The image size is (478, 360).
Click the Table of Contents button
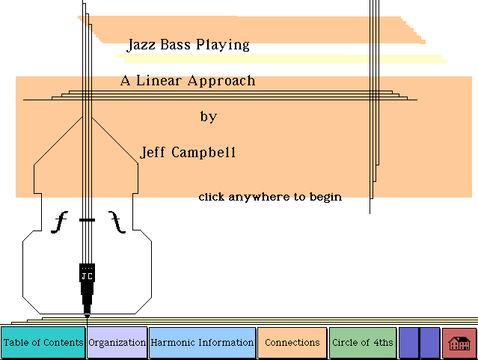[43, 343]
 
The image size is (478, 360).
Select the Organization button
[117, 343]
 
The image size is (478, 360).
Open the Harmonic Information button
[202, 343]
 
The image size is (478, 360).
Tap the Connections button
[292, 343]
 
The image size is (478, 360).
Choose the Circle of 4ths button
[362, 343]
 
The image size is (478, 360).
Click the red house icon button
[459, 343]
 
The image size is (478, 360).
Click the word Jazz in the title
[140, 45]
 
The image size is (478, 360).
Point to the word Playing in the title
[222, 45]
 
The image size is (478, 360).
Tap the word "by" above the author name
[208, 117]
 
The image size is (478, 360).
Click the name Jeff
[153, 153]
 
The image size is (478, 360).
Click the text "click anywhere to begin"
[270, 197]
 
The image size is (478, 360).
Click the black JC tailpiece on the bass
[87, 273]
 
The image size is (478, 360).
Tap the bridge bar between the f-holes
[88, 219]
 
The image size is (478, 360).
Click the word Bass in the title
[173, 45]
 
